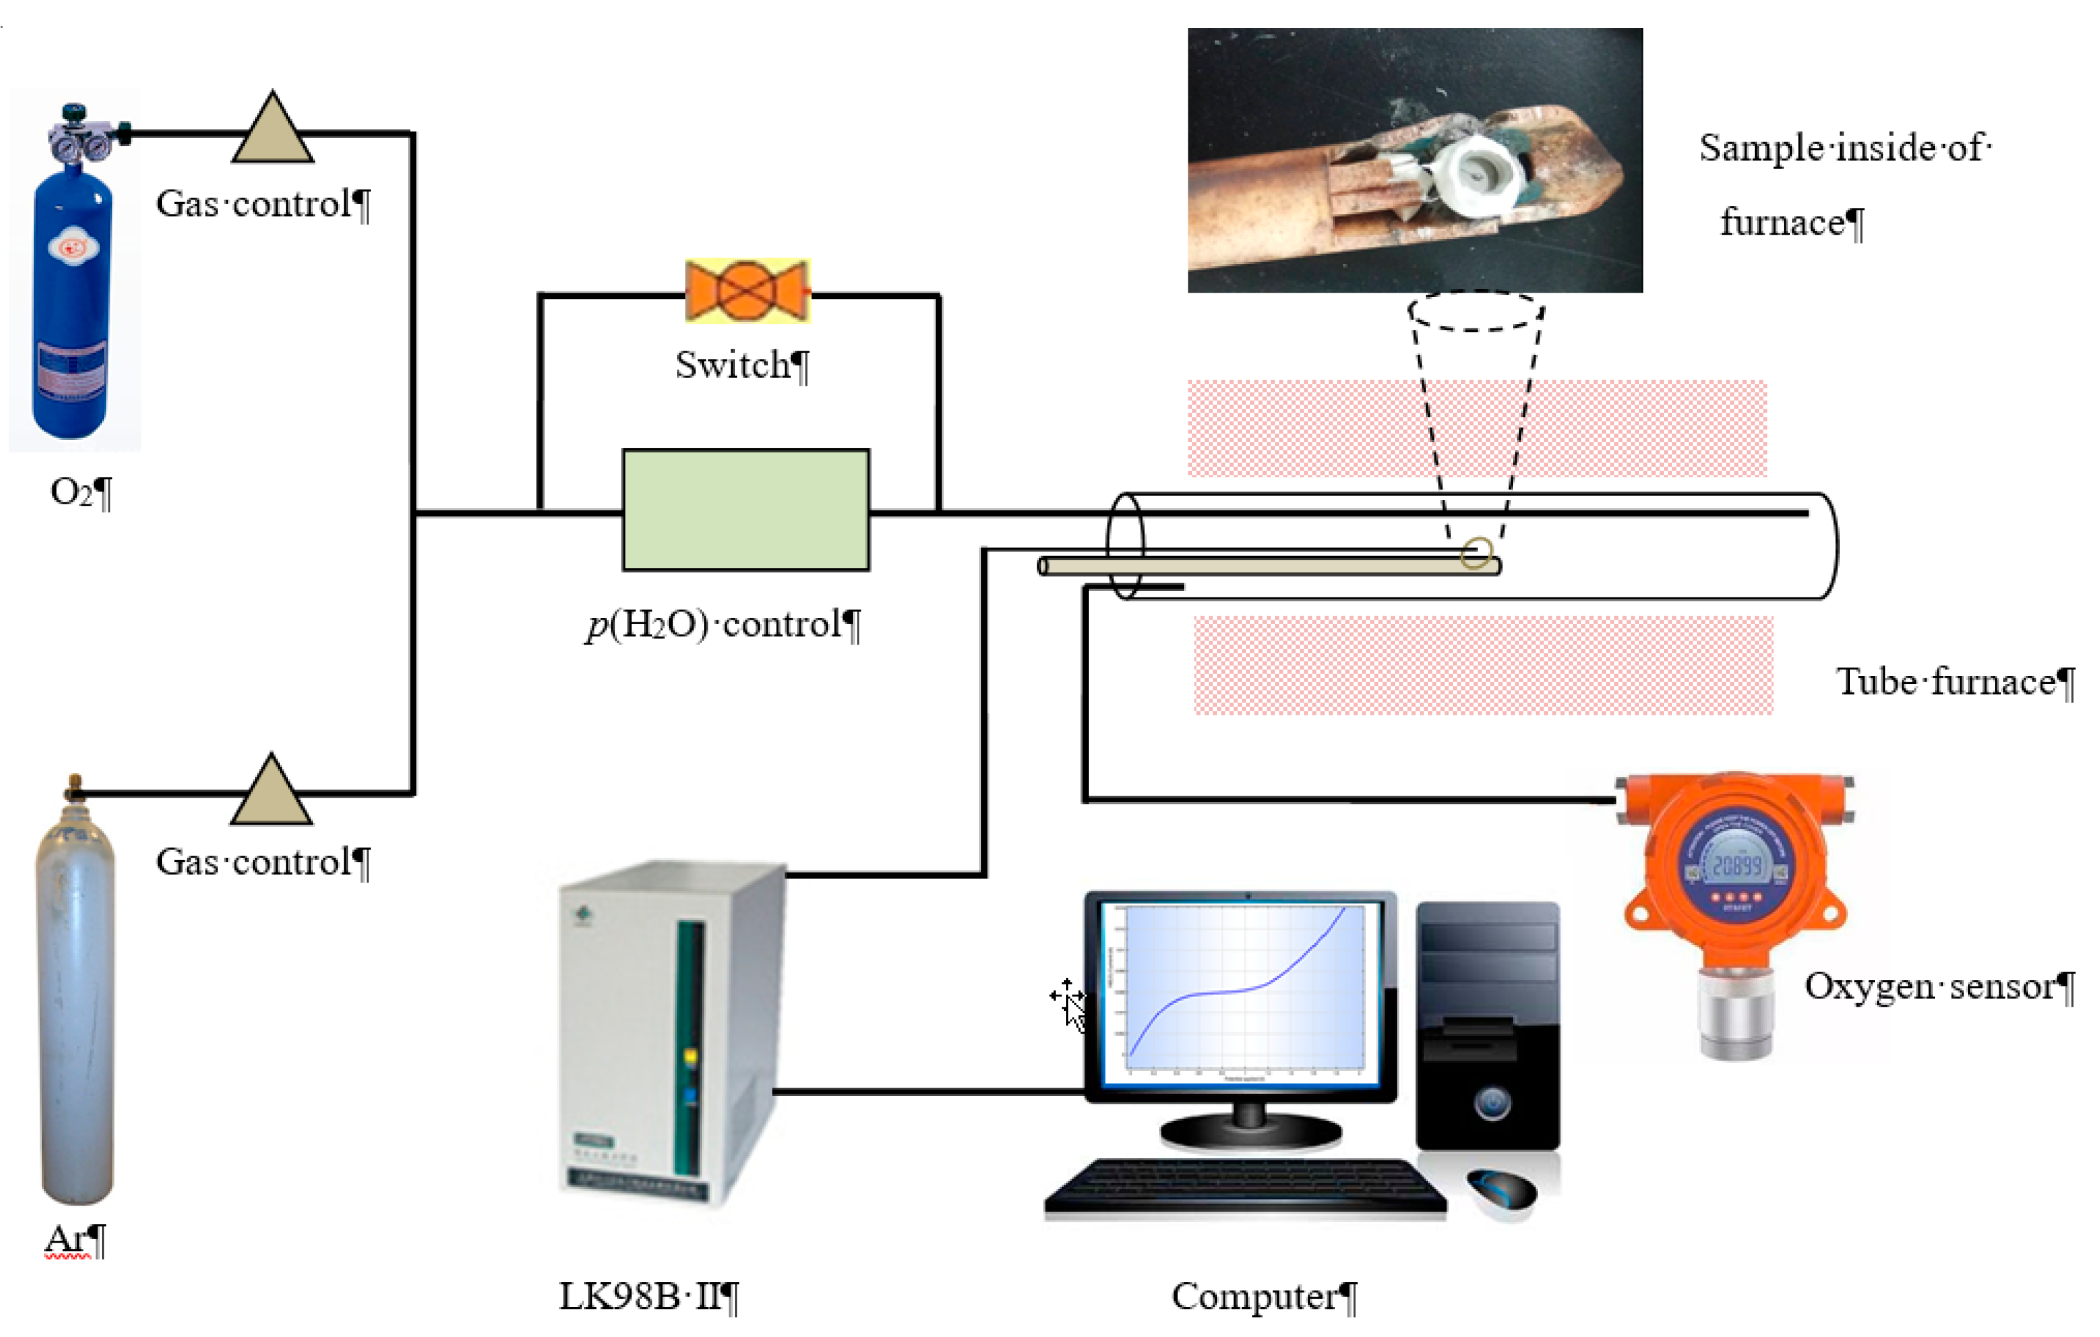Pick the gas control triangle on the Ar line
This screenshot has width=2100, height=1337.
tap(271, 794)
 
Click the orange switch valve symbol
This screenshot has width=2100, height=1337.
tap(747, 291)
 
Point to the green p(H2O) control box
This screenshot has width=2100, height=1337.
tap(746, 510)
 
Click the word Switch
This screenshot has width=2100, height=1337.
tap(733, 365)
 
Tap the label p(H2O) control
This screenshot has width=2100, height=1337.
tap(715, 624)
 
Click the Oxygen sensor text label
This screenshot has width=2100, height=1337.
tap(1931, 986)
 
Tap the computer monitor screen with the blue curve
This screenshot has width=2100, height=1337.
tap(1240, 994)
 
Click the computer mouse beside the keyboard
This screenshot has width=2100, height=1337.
tap(1502, 1188)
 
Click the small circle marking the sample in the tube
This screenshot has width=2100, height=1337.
tap(1476, 553)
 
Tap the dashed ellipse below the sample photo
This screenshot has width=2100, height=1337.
tap(1476, 311)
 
